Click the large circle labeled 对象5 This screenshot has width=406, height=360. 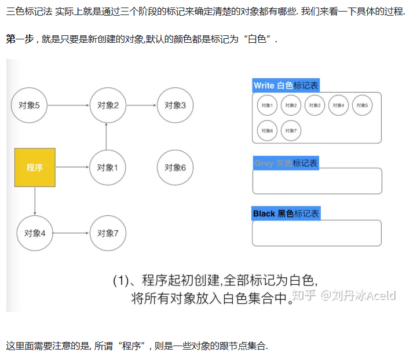[x=29, y=105]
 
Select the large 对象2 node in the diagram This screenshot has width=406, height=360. [x=108, y=105]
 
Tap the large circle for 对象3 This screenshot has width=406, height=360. [x=175, y=105]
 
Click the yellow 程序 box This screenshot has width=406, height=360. [x=35, y=167]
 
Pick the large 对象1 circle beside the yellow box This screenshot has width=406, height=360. [x=108, y=167]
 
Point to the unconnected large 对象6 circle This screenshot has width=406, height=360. [x=175, y=167]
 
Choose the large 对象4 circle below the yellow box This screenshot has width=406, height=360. [x=35, y=233]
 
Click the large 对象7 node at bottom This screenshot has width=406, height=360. [x=108, y=233]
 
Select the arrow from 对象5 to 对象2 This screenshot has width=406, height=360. [x=68, y=105]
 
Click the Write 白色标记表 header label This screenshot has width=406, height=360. [x=286, y=86]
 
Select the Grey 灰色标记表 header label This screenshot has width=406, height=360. [x=286, y=163]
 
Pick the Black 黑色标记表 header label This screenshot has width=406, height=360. [x=286, y=214]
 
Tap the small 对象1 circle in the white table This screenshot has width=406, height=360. [x=267, y=105]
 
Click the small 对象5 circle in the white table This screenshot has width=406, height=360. [x=362, y=105]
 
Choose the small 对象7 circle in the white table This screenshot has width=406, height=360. [x=291, y=130]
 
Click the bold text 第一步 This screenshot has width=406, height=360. [x=19, y=39]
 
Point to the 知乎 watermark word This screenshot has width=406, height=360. [x=305, y=296]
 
